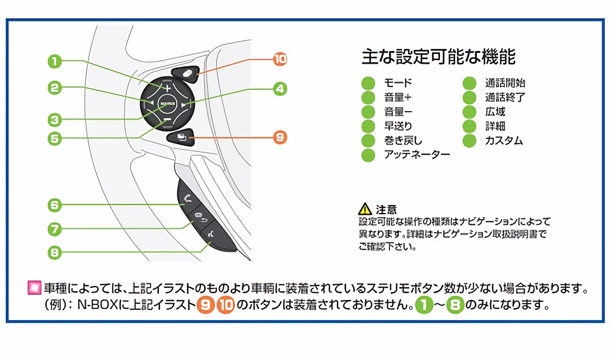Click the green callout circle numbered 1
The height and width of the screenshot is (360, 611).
[55, 61]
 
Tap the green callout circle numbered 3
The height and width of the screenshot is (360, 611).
[55, 119]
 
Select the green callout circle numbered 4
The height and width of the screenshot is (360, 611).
[279, 88]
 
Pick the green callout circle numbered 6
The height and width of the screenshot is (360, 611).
[55, 205]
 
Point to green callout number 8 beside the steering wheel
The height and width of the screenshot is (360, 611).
[55, 252]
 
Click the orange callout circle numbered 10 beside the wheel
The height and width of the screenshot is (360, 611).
[279, 59]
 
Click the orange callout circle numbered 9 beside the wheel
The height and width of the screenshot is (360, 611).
[279, 137]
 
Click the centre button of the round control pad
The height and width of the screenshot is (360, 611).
[166, 103]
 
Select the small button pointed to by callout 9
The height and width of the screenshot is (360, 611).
[180, 137]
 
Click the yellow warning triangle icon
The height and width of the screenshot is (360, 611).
[365, 210]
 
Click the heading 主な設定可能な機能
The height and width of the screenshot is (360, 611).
[438, 57]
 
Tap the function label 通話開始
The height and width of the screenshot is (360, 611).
[505, 83]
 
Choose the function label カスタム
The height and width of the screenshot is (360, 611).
[504, 141]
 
